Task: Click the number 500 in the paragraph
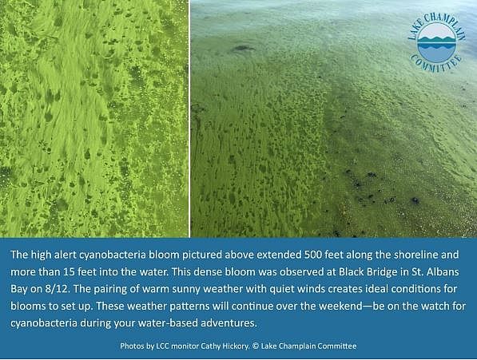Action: coord(313,255)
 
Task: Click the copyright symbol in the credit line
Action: coord(256,346)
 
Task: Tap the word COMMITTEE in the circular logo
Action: coord(436,65)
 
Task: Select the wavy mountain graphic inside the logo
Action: coord(436,43)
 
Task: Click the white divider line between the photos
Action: coord(189,118)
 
